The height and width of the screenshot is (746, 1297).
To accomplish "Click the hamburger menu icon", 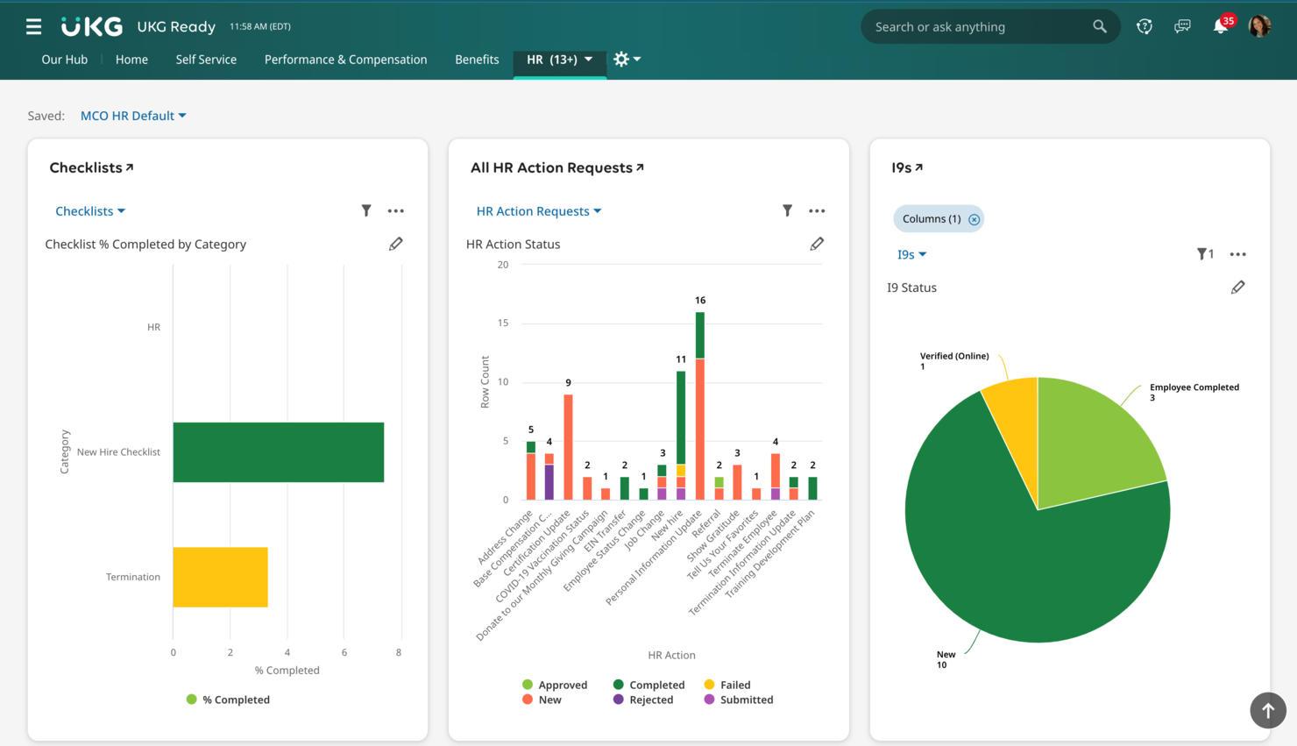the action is [x=33, y=26].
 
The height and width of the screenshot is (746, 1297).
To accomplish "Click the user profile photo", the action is [x=1260, y=26].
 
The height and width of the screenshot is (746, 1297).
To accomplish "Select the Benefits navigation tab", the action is [x=477, y=59].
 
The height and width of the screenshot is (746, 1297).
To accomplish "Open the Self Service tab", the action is [x=206, y=59].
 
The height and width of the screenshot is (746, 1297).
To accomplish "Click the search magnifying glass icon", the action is [x=1100, y=26].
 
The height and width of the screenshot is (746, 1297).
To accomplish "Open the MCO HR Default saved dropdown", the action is [x=133, y=115].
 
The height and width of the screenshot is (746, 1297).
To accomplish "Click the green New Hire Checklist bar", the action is [x=279, y=451].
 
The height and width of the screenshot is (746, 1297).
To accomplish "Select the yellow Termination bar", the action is [x=221, y=577].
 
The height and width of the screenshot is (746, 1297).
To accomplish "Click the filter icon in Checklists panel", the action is [x=366, y=210].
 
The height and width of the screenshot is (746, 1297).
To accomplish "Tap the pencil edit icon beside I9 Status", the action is [x=1237, y=288].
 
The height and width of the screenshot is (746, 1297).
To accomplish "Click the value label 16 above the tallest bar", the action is [x=700, y=300].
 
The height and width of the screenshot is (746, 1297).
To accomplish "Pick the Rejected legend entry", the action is [x=642, y=700].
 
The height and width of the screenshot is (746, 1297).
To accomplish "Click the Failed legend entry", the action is [x=727, y=685].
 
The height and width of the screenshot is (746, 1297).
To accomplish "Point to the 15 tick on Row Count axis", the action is [x=503, y=323].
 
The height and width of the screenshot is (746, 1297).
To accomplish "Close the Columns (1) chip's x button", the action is [x=974, y=219].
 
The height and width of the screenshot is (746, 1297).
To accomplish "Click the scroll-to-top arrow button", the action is [x=1268, y=710].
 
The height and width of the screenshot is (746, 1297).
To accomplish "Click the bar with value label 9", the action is [x=568, y=447].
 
